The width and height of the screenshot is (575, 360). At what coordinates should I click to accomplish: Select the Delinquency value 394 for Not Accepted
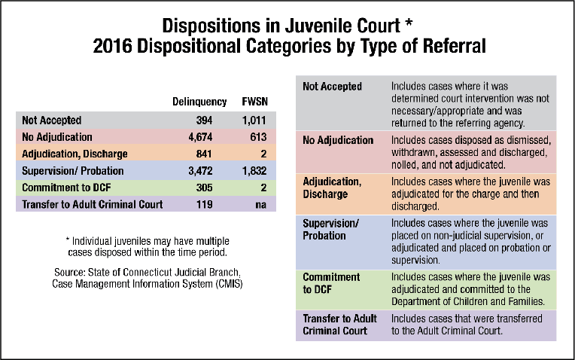tap(205, 121)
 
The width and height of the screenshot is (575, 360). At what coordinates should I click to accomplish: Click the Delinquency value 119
tap(205, 204)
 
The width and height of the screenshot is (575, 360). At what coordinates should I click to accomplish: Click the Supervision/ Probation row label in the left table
tap(64, 171)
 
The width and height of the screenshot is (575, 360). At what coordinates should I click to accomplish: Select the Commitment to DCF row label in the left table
tap(61, 188)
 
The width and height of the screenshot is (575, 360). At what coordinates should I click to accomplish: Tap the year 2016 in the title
tap(111, 47)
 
